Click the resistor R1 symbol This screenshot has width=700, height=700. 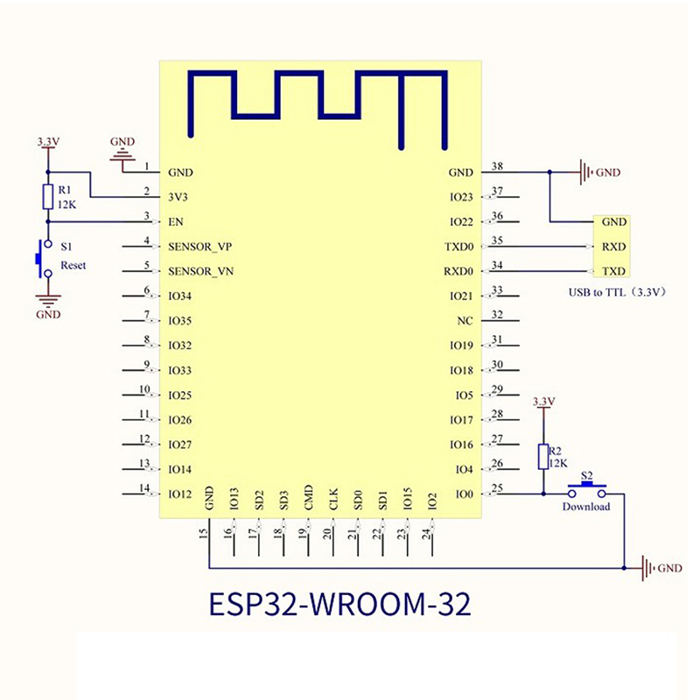(x=48, y=198)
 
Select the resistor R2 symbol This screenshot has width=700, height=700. (x=543, y=457)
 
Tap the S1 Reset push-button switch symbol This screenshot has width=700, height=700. (x=40, y=258)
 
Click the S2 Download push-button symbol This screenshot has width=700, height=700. (x=587, y=487)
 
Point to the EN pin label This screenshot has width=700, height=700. (x=175, y=222)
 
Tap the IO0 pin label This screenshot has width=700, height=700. (x=464, y=494)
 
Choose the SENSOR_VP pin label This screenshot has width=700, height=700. (x=200, y=247)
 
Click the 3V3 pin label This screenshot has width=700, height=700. (x=178, y=198)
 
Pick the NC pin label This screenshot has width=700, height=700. (x=465, y=321)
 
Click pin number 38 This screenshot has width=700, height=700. (x=498, y=166)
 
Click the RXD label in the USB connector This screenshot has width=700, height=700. (x=613, y=247)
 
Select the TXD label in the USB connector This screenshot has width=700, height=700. (x=613, y=271)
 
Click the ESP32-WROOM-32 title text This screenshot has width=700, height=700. (x=339, y=605)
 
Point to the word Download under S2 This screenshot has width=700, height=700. (x=586, y=507)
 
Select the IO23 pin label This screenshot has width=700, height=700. (x=461, y=198)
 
